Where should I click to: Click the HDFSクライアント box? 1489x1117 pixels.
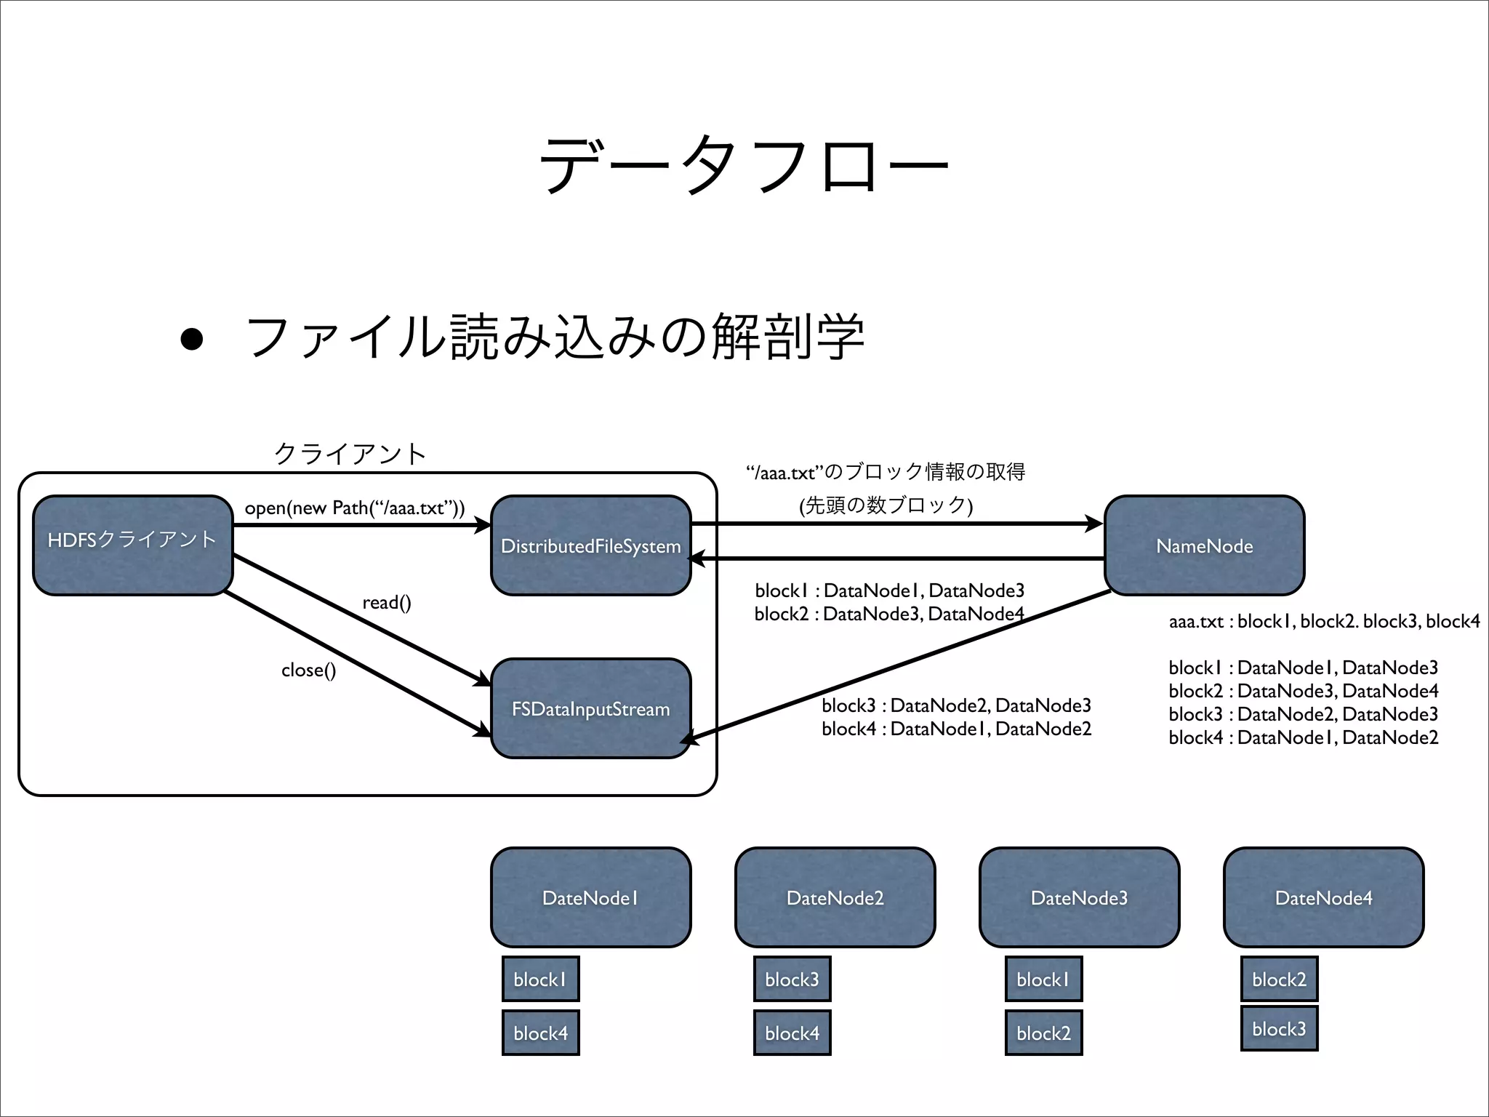point(132,545)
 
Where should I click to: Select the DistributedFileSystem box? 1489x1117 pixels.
point(590,545)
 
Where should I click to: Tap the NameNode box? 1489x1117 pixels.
point(1204,545)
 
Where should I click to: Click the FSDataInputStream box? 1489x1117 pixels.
point(590,708)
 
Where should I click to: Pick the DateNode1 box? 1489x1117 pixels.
point(590,897)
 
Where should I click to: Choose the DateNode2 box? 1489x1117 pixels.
point(835,897)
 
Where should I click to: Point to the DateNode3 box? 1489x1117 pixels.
point(1079,897)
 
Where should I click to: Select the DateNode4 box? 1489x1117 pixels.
point(1323,897)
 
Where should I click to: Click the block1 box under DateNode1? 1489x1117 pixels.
point(540,979)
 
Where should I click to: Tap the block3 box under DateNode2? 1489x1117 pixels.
point(792,979)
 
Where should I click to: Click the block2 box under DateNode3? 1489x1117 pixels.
point(1043,1033)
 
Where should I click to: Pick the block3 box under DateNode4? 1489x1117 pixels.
point(1279,1028)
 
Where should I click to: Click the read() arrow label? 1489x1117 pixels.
point(387,602)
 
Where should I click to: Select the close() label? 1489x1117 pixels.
point(308,670)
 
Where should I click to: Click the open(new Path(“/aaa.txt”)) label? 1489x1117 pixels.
point(354,508)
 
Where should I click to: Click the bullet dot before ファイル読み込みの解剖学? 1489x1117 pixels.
point(191,339)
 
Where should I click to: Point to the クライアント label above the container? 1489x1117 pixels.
point(350,454)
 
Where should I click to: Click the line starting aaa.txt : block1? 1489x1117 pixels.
point(1324,621)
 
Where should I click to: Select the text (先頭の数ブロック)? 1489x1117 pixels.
point(886,505)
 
